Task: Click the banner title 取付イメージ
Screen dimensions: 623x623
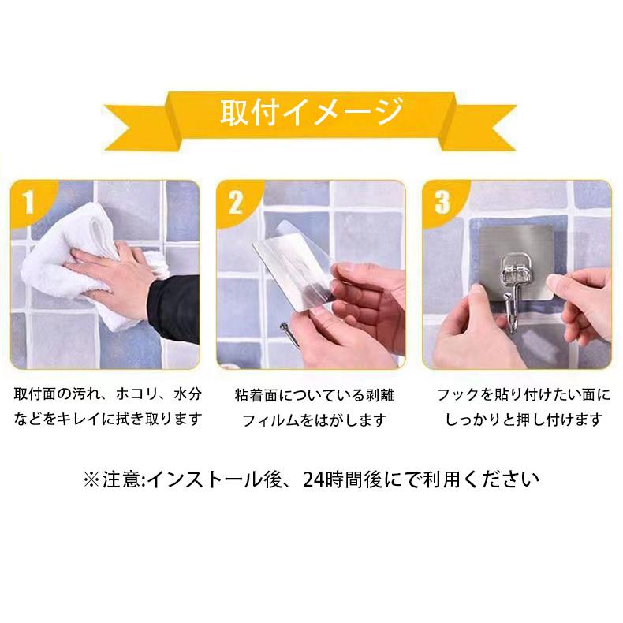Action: (311, 113)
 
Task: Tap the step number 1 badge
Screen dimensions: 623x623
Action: (28, 202)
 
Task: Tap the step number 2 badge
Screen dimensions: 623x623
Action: (235, 202)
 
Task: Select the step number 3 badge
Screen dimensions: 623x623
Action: (442, 202)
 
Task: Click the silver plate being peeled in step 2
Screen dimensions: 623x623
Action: (294, 274)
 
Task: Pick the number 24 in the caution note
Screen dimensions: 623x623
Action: (313, 480)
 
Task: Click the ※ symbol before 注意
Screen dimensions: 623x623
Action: (91, 480)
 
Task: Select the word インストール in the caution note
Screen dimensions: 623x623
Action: (205, 480)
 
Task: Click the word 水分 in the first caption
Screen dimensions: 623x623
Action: (188, 394)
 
